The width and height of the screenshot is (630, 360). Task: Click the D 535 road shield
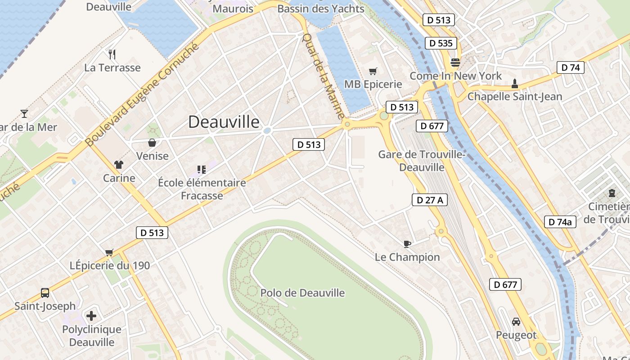point(441,43)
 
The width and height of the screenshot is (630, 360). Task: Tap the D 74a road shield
point(560,222)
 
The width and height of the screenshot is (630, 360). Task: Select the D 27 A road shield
point(430,200)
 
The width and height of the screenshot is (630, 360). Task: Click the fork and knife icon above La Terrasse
point(112,54)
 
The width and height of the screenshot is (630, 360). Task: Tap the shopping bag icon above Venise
point(152,143)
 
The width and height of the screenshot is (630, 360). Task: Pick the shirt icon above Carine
point(119,165)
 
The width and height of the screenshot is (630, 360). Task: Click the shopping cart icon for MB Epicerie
point(373,71)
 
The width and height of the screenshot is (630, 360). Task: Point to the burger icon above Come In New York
point(455,63)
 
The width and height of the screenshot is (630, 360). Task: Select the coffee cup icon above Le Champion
point(407,244)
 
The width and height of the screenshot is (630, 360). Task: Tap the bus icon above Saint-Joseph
point(45,293)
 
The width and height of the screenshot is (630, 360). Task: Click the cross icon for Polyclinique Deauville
point(91,316)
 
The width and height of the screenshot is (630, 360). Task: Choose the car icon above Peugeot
point(516,322)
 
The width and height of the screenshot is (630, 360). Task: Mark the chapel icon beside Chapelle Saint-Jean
point(515,84)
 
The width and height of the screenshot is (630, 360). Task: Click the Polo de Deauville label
point(302,293)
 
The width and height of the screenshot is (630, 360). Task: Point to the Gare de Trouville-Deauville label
point(422,161)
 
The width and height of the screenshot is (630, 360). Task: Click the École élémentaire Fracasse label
point(202,189)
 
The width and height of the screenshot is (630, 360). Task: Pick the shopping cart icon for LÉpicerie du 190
point(109,252)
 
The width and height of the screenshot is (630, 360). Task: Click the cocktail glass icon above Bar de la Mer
point(24,114)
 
